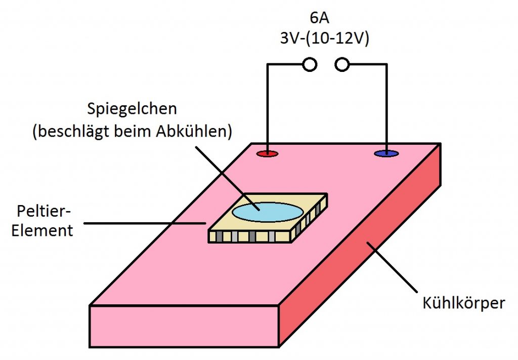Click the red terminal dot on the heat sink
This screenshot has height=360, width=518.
[x=268, y=154]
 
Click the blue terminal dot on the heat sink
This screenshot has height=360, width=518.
[x=386, y=154]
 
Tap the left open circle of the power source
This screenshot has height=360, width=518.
[x=310, y=64]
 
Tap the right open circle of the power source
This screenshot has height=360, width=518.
[x=342, y=64]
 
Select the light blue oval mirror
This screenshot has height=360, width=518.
[x=268, y=212]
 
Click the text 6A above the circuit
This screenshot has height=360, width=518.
[x=320, y=18]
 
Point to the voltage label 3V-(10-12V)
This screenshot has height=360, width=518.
[x=324, y=38]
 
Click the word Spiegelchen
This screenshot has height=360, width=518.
[x=132, y=109]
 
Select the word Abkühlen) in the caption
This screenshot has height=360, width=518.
[x=194, y=131]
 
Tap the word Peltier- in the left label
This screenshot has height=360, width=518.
[x=44, y=211]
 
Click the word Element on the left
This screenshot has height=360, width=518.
[x=42, y=230]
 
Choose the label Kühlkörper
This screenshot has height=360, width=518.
[x=464, y=303]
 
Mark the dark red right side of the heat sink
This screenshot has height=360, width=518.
[x=360, y=245]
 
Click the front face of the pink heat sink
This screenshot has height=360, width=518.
[x=184, y=326]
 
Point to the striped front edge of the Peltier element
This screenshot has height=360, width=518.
[x=249, y=236]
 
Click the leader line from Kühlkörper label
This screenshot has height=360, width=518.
[x=392, y=267]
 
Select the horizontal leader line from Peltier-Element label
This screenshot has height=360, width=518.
[x=145, y=223]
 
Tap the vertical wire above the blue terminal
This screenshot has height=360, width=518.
[x=386, y=107]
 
